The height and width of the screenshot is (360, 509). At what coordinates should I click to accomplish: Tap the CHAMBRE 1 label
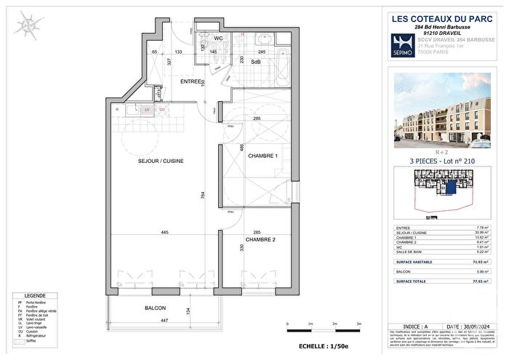pos(262,156)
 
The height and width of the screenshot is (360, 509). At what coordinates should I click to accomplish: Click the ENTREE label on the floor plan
pos(192,82)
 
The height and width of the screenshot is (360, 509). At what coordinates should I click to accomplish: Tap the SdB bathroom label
pos(256,63)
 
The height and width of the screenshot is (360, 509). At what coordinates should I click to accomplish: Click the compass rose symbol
pos(28,27)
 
